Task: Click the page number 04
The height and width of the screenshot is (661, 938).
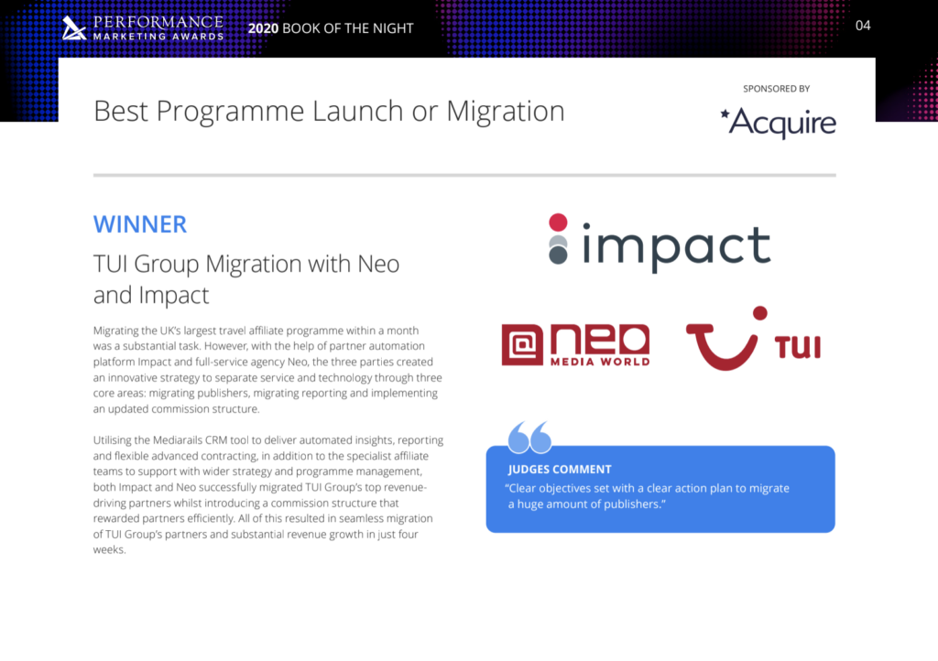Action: [x=863, y=26]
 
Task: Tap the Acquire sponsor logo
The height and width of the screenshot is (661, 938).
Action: [x=778, y=123]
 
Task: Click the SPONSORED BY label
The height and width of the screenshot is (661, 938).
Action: [x=776, y=89]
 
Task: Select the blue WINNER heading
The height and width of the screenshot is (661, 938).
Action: [x=140, y=224]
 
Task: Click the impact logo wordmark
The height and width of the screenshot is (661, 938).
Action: [x=676, y=245]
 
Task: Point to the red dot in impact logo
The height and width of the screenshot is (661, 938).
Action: [x=558, y=222]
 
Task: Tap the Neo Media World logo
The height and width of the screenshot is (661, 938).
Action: [x=575, y=345]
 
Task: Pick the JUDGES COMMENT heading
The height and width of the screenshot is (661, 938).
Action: [x=560, y=469]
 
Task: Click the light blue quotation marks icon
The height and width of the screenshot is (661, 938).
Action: [x=529, y=437]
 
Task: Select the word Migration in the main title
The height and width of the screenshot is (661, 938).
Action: [x=506, y=111]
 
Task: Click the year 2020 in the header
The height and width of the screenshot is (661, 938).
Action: [x=263, y=28]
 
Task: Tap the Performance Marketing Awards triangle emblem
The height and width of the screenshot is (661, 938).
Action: [x=73, y=28]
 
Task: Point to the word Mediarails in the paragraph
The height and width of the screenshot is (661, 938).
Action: [x=177, y=439]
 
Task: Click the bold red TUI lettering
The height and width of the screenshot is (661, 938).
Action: [x=798, y=347]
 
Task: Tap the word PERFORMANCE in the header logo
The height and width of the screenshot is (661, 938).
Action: [x=158, y=22]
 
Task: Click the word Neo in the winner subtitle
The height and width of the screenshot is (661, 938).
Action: [x=378, y=264]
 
